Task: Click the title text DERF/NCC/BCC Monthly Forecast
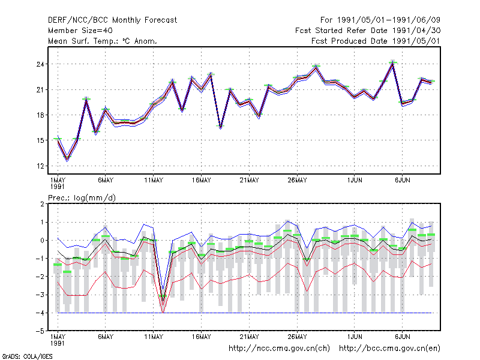pos(112,20)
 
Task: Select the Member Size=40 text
pos(80,31)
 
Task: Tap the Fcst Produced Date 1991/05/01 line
pos(376,41)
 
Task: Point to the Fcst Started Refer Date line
pos(368,31)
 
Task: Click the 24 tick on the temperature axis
pos(40,64)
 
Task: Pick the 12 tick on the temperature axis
pos(40,166)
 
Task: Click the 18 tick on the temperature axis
pos(40,115)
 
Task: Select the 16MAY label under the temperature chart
pos(202,181)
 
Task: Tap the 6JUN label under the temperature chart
pos(402,181)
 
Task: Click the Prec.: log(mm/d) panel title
pos(82,198)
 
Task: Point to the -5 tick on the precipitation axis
pos(40,331)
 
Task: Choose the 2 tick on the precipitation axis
pos(42,204)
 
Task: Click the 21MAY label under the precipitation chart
pos(249,337)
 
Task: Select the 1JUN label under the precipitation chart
pos(355,337)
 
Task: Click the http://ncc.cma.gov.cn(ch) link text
pos(279,349)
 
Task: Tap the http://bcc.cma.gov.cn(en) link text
pos(389,349)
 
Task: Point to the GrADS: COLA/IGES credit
pos(27,356)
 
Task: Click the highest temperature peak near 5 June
pos(393,63)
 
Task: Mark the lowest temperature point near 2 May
pos(67,159)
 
